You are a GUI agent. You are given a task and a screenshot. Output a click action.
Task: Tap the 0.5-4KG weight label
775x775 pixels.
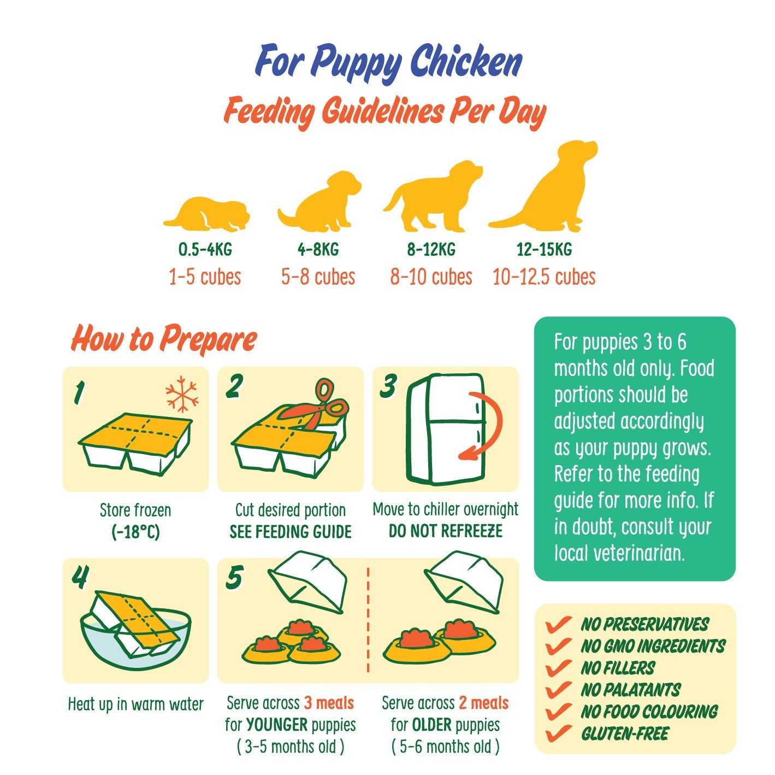pyautogui.click(x=205, y=250)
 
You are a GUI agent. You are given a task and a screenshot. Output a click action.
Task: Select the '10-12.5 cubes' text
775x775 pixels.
pyautogui.click(x=544, y=277)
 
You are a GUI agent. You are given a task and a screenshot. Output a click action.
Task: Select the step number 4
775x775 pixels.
pyautogui.click(x=80, y=576)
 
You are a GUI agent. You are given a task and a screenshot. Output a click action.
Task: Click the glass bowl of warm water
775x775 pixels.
pyautogui.click(x=135, y=637)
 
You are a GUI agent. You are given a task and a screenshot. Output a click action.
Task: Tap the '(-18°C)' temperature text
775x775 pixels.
pyautogui.click(x=135, y=532)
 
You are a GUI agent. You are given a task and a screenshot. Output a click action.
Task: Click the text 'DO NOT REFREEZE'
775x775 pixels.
pyautogui.click(x=445, y=531)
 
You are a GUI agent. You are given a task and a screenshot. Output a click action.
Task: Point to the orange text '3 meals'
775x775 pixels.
pyautogui.click(x=329, y=703)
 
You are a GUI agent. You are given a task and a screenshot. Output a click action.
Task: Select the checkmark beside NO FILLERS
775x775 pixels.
pyautogui.click(x=558, y=667)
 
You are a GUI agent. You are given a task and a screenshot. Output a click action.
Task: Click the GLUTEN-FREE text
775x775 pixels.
pyautogui.click(x=625, y=733)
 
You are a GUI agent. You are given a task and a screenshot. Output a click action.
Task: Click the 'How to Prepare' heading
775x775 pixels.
pyautogui.click(x=164, y=339)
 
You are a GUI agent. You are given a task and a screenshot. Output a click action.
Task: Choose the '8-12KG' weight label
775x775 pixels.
pyautogui.click(x=431, y=250)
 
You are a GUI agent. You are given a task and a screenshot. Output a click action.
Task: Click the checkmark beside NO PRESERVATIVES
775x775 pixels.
pyautogui.click(x=558, y=624)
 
